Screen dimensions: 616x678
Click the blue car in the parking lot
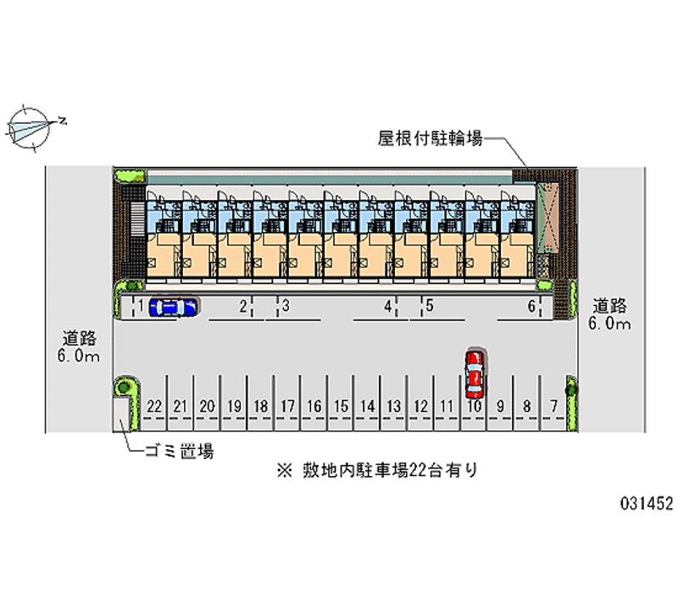[173, 307]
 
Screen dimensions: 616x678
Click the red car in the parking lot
[475, 374]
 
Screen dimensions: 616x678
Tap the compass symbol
[31, 128]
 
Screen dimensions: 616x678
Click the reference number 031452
[645, 502]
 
